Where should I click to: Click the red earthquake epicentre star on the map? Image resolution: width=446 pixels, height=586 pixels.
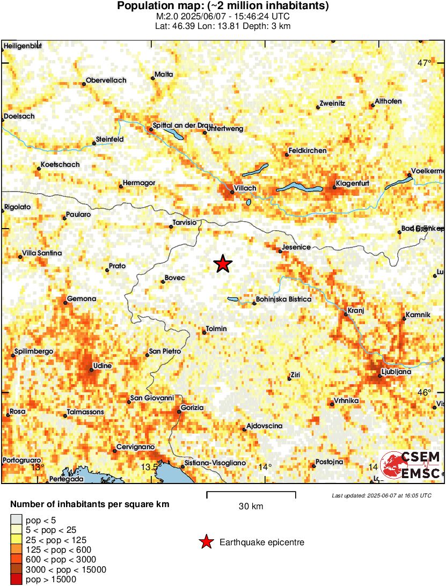(222, 264)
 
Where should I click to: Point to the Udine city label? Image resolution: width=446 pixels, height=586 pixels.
(103, 366)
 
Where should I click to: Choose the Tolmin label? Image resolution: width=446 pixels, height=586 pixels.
(216, 328)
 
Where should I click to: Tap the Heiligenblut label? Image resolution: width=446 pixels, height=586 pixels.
(23, 46)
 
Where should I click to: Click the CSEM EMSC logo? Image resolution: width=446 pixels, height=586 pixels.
(411, 465)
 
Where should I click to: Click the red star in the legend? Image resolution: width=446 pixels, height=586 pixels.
(206, 543)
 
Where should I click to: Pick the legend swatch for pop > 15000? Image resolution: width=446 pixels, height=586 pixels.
(17, 580)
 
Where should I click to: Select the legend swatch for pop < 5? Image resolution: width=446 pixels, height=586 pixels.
(17, 519)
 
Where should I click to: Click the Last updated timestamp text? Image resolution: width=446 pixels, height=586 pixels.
(381, 495)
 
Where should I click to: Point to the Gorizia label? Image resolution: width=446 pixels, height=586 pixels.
(193, 408)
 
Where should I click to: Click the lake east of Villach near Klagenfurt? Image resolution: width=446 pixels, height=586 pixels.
(299, 188)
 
